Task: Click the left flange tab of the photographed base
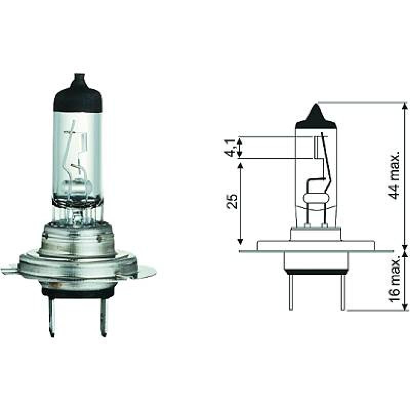10,271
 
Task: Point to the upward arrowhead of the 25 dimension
240,165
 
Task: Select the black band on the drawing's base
316,271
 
